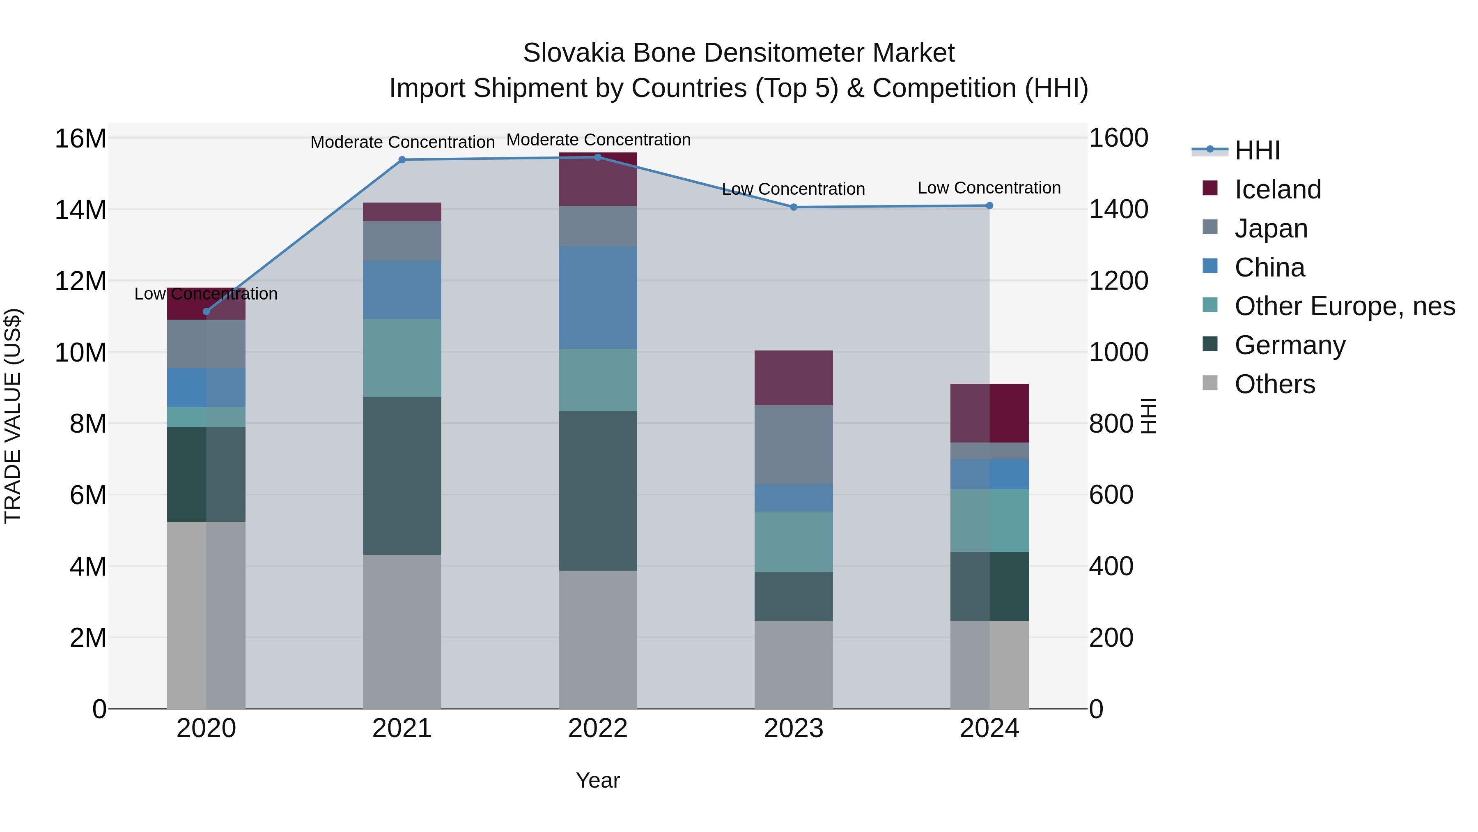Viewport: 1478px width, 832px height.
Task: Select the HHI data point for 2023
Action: coord(794,207)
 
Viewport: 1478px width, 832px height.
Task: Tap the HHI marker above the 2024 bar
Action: coord(989,205)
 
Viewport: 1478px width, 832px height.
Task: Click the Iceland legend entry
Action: coord(1277,189)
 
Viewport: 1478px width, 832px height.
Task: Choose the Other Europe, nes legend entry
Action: coord(1344,306)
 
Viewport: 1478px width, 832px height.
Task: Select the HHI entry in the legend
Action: coord(1257,150)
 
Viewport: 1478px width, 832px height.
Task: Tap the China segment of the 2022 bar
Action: coord(598,297)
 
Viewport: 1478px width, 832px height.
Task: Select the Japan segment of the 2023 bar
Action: coord(794,445)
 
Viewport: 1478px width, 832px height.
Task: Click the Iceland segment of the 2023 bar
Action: coord(794,378)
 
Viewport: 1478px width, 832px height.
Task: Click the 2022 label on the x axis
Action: coord(598,728)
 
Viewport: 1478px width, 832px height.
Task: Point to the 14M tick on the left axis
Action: coord(80,210)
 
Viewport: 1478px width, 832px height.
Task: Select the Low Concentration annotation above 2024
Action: coord(989,188)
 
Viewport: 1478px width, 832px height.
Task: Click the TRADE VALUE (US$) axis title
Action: coord(13,416)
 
